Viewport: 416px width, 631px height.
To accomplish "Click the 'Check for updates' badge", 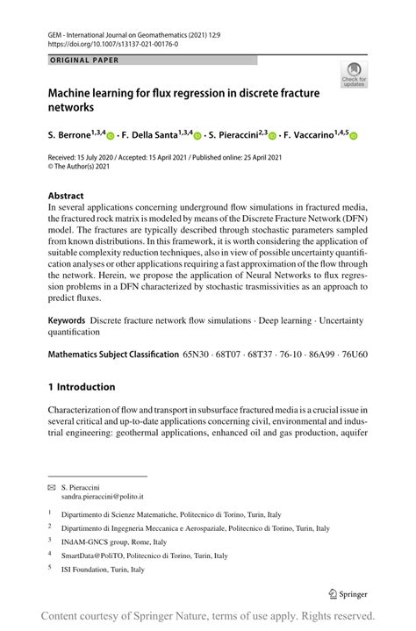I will (x=354, y=74).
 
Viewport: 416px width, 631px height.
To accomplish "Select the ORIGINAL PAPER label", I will (x=83, y=61).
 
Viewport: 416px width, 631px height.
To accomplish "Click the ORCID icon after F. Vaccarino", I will (x=354, y=136).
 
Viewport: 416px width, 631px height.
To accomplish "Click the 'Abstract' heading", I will (x=66, y=196).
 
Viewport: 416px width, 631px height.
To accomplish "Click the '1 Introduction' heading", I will (x=82, y=387).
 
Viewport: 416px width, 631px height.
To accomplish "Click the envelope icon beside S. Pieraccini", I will (x=51, y=485).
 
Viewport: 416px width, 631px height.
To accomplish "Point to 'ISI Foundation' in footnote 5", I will (x=86, y=569).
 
